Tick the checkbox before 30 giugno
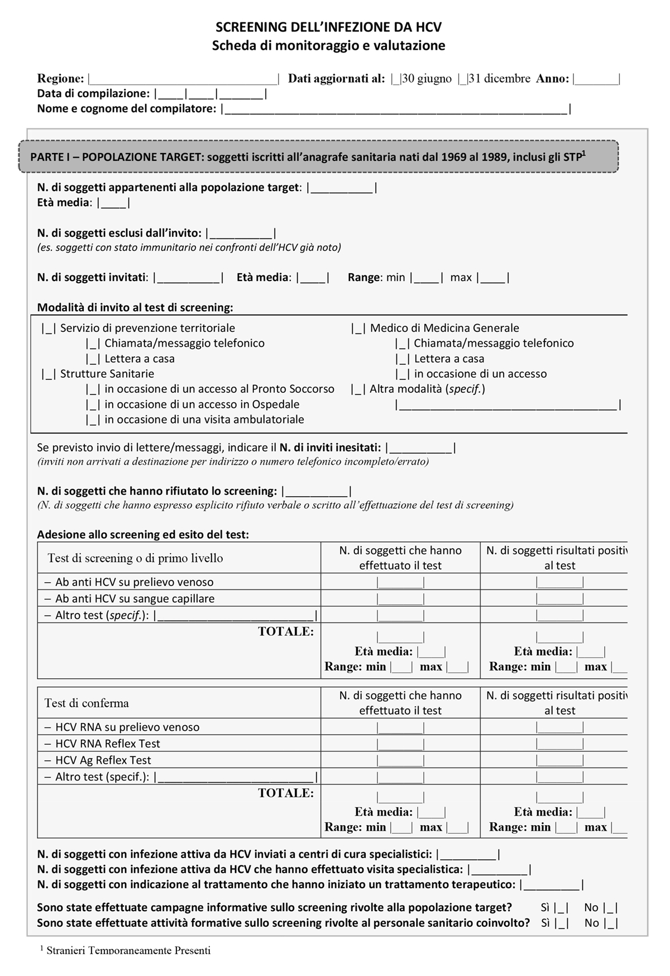[396, 79]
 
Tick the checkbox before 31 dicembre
[462, 79]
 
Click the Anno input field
[596, 79]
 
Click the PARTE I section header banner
[318, 157]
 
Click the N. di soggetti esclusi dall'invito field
[241, 234]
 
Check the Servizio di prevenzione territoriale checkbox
[49, 328]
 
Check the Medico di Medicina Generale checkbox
[358, 328]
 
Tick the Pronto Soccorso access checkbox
[93, 389]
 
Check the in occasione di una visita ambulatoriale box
[93, 420]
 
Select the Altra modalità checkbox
[358, 389]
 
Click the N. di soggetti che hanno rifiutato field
[317, 492]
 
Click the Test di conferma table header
[87, 703]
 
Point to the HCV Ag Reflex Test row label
[103, 760]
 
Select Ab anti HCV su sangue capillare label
[135, 599]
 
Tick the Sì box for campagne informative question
[562, 908]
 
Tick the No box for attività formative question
[611, 923]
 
